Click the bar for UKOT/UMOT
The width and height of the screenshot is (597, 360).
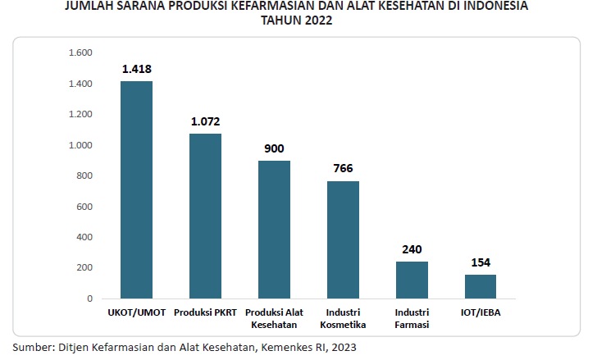[136, 189]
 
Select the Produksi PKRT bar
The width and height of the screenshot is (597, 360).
[205, 216]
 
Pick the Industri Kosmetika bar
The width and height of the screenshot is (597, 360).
[343, 239]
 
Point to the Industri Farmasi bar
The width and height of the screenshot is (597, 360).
[412, 280]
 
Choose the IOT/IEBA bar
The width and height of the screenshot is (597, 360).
[481, 286]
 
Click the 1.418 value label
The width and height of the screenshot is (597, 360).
[137, 69]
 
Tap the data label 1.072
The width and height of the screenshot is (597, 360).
[205, 121]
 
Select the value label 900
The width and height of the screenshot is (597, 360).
[274, 148]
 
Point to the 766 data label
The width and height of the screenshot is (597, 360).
[343, 169]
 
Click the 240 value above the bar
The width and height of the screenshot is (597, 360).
[412, 249]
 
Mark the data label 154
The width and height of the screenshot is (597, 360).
[481, 262]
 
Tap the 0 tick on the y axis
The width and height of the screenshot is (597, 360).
[90, 298]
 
